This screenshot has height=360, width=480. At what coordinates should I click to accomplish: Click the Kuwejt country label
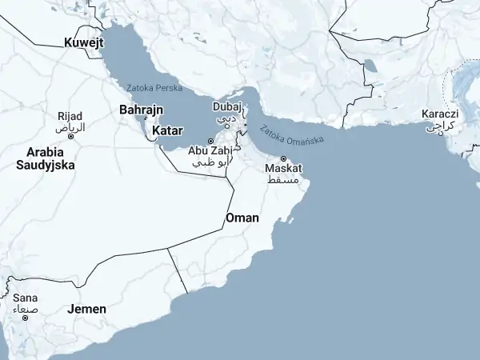click(84, 42)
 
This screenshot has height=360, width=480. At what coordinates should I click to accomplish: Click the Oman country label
click(242, 218)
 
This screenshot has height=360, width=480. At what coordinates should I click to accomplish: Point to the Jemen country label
click(86, 309)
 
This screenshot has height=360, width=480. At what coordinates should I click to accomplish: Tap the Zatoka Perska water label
click(154, 87)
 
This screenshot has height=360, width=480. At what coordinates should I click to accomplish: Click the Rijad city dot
click(70, 137)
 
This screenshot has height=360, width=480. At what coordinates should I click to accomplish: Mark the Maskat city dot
click(282, 158)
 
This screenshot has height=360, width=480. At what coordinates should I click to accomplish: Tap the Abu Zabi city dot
click(211, 142)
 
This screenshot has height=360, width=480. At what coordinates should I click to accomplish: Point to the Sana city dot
click(25, 318)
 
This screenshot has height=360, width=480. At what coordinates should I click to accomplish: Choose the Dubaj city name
click(226, 106)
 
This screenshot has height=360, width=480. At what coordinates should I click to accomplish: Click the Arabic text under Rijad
click(69, 127)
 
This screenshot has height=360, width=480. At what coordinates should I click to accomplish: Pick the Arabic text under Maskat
click(284, 181)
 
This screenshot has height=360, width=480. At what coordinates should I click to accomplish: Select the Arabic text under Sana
click(25, 308)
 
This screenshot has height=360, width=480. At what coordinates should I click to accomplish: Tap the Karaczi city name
click(439, 114)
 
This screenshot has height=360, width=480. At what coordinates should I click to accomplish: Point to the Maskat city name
click(283, 170)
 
